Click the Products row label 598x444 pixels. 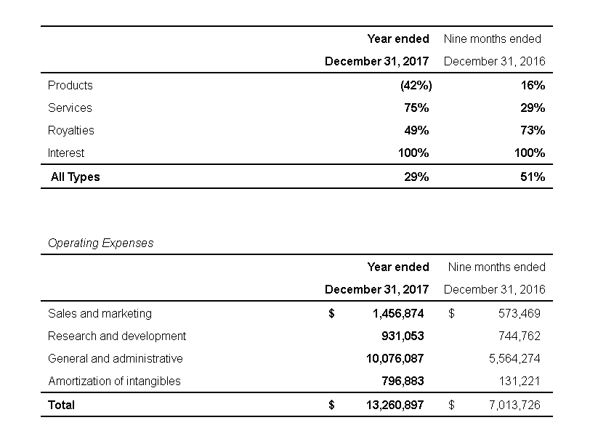pos(70,85)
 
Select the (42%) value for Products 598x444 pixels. pos(416,85)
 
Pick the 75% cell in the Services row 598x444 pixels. pos(416,108)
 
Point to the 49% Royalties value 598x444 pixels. pos(416,130)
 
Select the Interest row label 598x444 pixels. pos(66,153)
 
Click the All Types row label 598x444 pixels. pos(75,177)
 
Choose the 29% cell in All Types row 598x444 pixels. pos(416,177)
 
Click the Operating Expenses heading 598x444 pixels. pos(100,243)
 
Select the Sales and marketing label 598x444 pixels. pos(100,313)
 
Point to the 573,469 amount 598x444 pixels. pos(514,313)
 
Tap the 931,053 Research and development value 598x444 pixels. pos(402,336)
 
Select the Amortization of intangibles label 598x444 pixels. pos(114,381)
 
